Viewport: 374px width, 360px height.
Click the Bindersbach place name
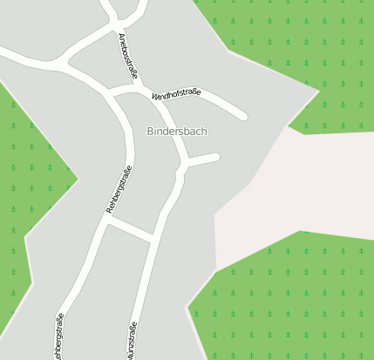pos(177,132)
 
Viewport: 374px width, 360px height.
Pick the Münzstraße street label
pos(133,342)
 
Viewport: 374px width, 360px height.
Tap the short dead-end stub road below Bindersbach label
pos(202,159)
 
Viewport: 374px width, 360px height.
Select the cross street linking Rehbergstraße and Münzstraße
pos(129,229)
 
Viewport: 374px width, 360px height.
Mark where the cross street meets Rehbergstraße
pos(105,221)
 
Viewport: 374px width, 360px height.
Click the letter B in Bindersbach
pos(150,132)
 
